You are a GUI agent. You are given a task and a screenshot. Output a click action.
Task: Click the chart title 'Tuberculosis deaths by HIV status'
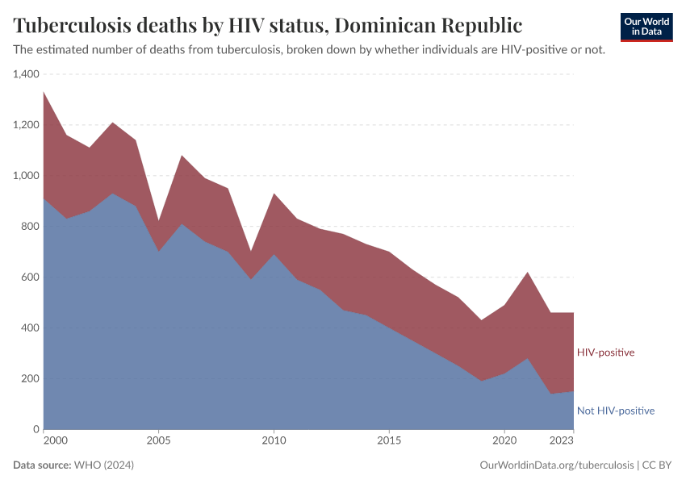point(267,25)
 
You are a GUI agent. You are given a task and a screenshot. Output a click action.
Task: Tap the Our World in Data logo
point(646,27)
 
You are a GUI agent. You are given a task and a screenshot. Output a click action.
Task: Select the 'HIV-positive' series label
point(605,353)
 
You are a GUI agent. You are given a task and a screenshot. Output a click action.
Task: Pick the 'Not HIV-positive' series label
point(615,411)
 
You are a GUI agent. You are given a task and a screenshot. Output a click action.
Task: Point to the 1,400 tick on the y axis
point(26,74)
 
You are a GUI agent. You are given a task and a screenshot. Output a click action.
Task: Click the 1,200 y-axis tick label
point(26,125)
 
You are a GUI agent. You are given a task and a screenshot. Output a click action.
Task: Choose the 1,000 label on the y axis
point(26,176)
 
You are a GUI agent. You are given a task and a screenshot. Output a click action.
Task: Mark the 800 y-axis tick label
point(30,227)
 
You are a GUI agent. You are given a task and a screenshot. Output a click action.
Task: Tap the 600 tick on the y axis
point(30,277)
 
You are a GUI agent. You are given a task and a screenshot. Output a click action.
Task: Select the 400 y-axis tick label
point(30,328)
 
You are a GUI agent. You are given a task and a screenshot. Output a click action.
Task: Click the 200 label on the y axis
point(30,378)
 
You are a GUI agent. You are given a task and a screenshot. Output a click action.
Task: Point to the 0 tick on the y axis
point(36,429)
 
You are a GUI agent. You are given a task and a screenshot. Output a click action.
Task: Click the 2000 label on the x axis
point(55,441)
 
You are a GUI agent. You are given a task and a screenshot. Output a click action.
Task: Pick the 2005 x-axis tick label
point(159,441)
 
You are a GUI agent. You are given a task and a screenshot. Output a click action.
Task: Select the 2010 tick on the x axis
point(274,441)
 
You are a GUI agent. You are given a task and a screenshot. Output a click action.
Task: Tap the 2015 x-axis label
point(389,441)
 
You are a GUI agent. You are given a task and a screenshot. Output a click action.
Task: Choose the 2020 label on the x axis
point(504,441)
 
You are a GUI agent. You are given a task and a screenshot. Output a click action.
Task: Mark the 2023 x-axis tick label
point(562,441)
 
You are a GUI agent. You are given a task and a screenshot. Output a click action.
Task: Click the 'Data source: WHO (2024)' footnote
point(73,465)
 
